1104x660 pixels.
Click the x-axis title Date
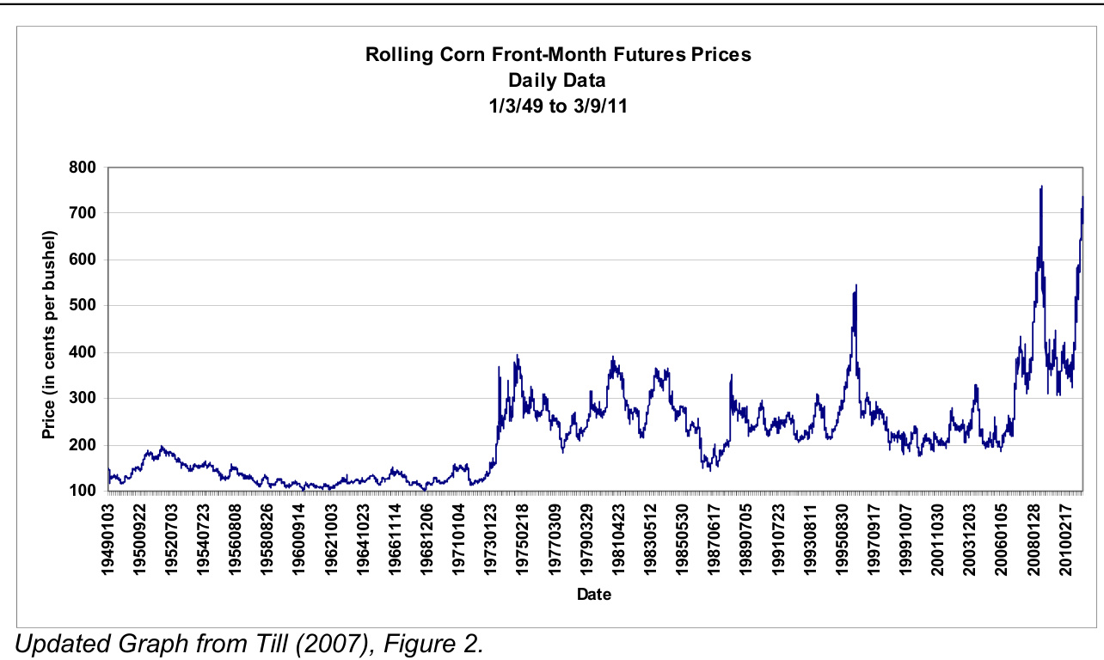594,594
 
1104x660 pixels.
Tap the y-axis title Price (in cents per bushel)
49,334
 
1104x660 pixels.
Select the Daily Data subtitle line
557,81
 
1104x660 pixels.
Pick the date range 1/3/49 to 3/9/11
557,108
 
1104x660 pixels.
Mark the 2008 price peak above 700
1041,186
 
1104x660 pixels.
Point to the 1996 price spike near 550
856,286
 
